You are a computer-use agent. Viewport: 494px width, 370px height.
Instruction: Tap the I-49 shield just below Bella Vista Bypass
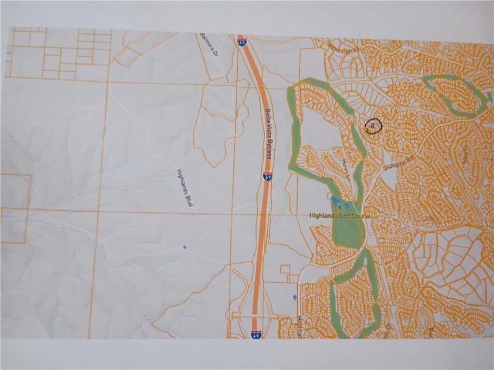[267, 176]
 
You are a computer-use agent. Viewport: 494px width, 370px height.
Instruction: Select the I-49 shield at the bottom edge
[256, 333]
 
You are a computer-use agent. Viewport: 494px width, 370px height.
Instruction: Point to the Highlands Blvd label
[185, 188]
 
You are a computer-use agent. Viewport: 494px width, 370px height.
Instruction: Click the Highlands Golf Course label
[340, 216]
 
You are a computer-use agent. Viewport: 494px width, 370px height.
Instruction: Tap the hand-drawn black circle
[373, 126]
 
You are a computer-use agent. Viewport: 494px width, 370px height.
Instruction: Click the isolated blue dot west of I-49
[184, 247]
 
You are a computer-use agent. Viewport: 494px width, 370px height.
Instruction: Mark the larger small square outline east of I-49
[286, 269]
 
